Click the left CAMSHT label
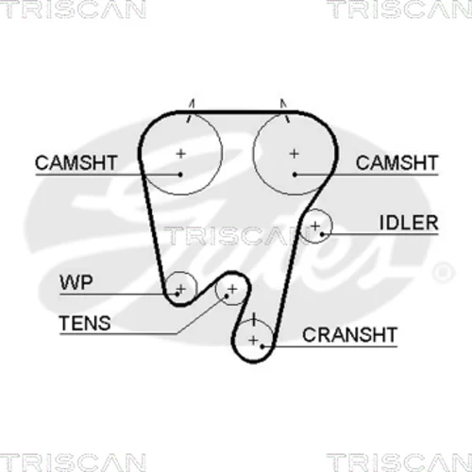click(x=76, y=162)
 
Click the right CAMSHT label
click(x=396, y=162)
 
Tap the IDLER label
click(x=409, y=223)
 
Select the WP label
click(x=76, y=282)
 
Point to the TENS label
click(x=85, y=323)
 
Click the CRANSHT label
click(x=349, y=334)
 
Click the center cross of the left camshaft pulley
click(x=181, y=154)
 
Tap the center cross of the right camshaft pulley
click(x=295, y=154)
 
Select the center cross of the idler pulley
click(x=315, y=226)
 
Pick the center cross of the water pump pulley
click(x=181, y=288)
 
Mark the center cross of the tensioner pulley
click(x=232, y=289)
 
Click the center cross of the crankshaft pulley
click(x=253, y=340)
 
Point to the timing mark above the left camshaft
click(x=191, y=110)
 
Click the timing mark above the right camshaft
click(x=285, y=110)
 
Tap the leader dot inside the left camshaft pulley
click(x=180, y=174)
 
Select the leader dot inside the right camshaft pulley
click(x=295, y=174)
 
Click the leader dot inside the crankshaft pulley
click(x=262, y=346)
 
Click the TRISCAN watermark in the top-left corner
click(x=73, y=9)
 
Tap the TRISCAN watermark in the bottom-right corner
click(x=399, y=462)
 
